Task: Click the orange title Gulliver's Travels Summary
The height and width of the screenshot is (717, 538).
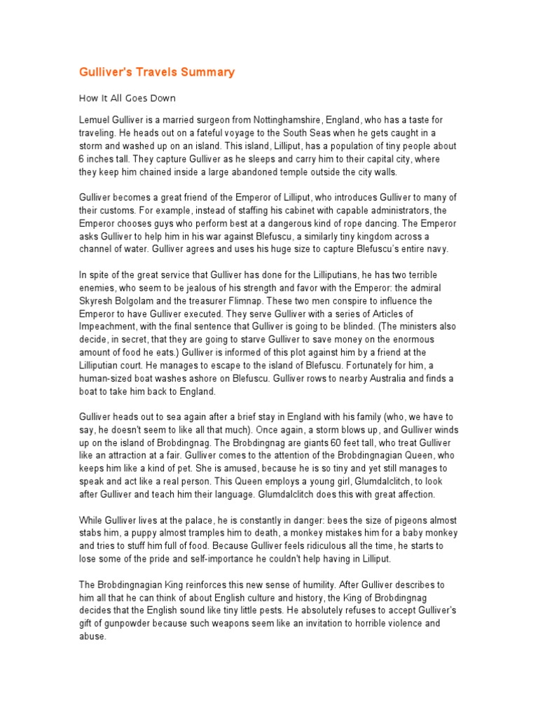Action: point(156,72)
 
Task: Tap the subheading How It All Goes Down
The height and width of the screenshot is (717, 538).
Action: point(127,99)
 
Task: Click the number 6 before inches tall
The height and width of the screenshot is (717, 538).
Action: point(81,159)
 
